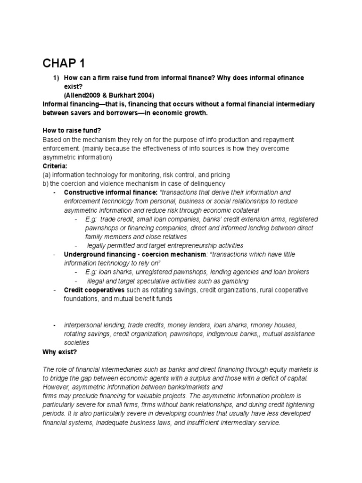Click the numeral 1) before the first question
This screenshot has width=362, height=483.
pos(55,77)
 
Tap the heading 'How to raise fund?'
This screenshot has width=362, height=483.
pos(70,131)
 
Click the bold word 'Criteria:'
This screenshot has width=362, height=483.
pos(56,166)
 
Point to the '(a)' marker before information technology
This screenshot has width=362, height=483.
pos(47,175)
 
